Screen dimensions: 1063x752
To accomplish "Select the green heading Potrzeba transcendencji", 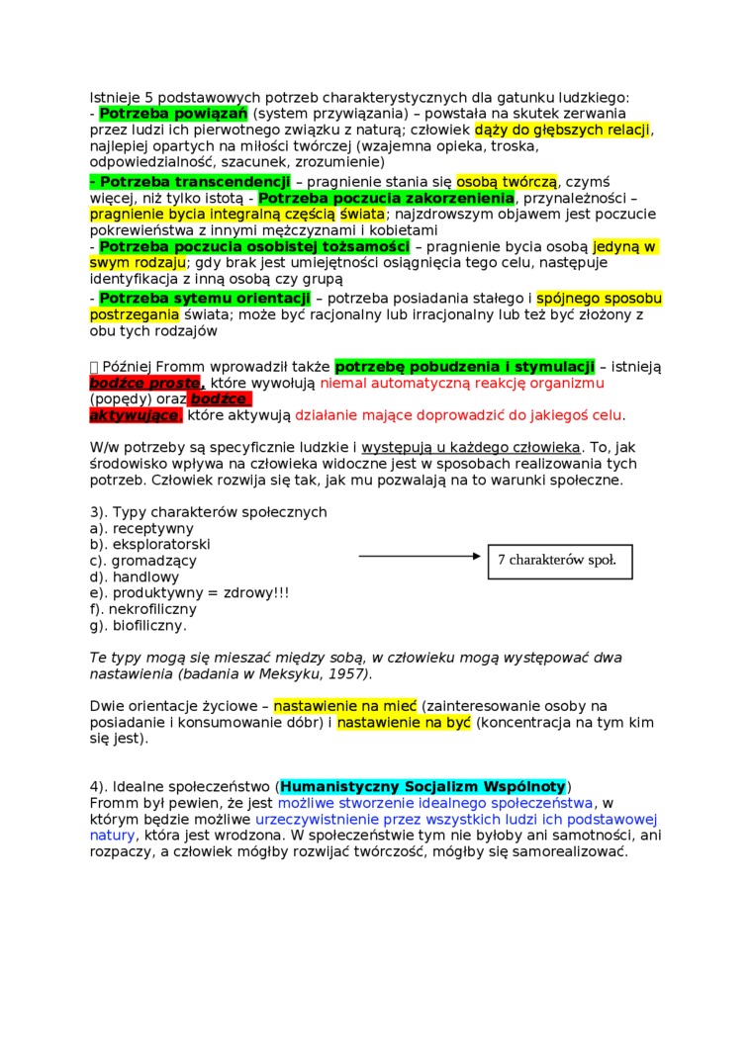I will point(190,182).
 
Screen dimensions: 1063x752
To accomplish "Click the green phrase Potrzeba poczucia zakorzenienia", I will point(387,198).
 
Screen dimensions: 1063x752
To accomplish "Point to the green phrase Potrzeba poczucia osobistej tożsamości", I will point(254,246).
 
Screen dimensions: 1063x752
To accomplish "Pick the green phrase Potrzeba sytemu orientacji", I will point(205,298).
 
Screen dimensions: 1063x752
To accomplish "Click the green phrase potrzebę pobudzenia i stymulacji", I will point(465,367).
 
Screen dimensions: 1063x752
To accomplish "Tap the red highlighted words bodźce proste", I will point(147,383).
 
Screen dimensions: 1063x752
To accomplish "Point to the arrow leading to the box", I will point(421,557).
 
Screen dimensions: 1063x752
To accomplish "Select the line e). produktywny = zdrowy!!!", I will point(189,592).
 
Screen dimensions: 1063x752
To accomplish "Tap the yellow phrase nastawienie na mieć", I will point(345,706).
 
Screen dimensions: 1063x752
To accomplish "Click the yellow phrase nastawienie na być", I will point(404,723).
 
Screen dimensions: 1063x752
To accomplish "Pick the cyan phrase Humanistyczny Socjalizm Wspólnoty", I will point(423,786).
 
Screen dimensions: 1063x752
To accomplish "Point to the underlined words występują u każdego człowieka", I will point(471,447).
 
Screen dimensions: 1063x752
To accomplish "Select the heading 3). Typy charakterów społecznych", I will point(208,512).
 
